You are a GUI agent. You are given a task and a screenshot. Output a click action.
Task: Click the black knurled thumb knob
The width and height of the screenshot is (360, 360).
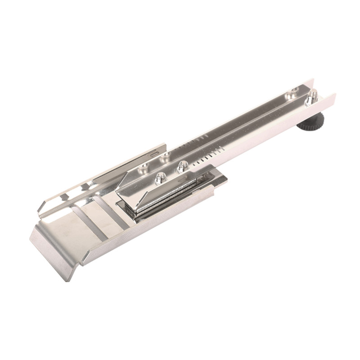(x=310, y=122)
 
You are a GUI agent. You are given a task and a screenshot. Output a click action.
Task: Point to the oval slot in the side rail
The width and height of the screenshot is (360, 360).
(x=154, y=153)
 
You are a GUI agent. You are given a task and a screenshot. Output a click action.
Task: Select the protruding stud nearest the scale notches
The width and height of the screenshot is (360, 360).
(x=182, y=166)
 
